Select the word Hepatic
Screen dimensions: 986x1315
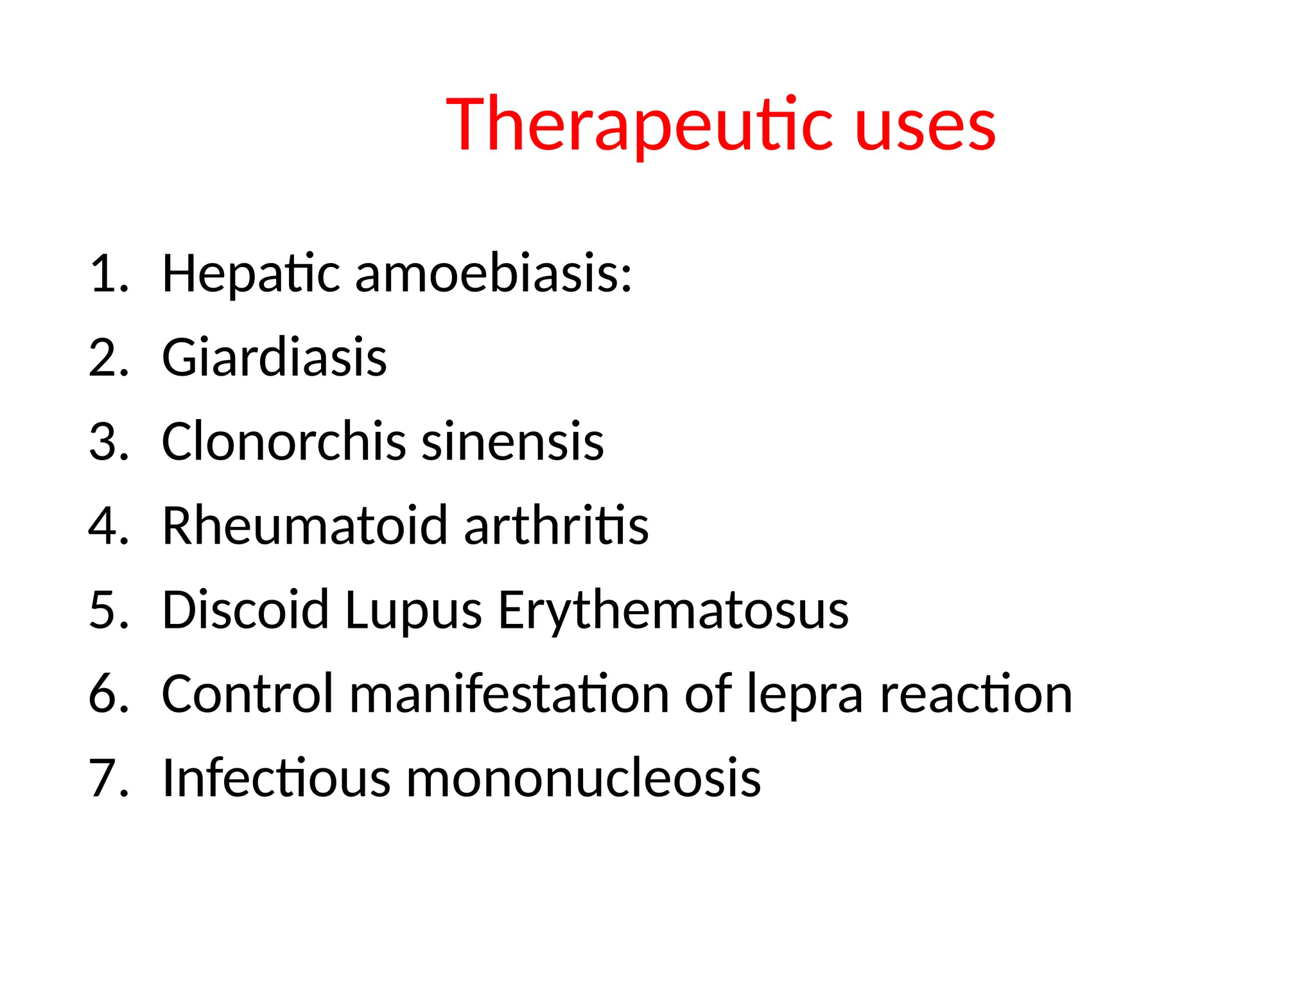point(250,274)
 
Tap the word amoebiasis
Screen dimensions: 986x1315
point(493,274)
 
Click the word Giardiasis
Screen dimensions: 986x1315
point(274,358)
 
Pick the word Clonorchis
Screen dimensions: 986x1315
point(284,442)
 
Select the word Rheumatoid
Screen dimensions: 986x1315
point(304,526)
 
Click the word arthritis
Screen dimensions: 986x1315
point(556,526)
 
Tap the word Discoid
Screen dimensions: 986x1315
point(245,610)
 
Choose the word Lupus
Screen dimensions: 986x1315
point(413,611)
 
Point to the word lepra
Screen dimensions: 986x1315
point(805,696)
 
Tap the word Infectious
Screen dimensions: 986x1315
point(276,778)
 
